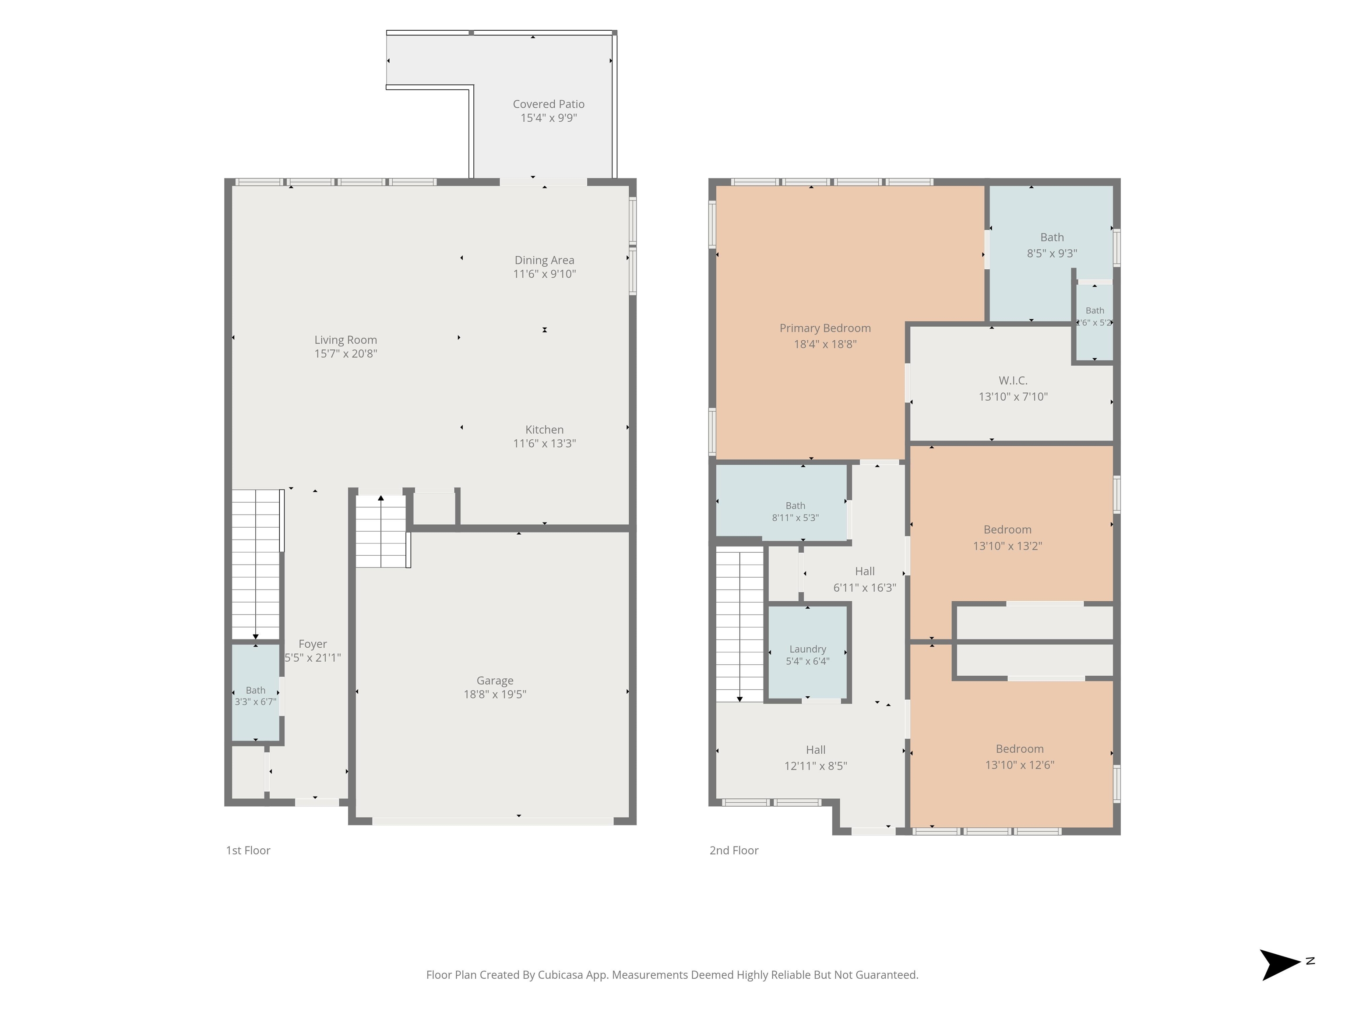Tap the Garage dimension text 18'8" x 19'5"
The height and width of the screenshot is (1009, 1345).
[495, 694]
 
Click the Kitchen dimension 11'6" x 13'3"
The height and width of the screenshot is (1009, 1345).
[544, 443]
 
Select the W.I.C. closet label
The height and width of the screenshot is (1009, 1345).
[1013, 381]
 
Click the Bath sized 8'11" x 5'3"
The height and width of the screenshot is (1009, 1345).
[782, 502]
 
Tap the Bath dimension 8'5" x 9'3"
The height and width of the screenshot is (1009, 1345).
[1052, 253]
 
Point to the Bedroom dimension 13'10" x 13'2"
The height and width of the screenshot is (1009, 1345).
[1007, 546]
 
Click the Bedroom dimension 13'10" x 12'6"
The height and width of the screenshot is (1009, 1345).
[1020, 765]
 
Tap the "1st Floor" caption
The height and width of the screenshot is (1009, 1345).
[248, 850]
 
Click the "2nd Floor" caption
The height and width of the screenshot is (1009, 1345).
[734, 850]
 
